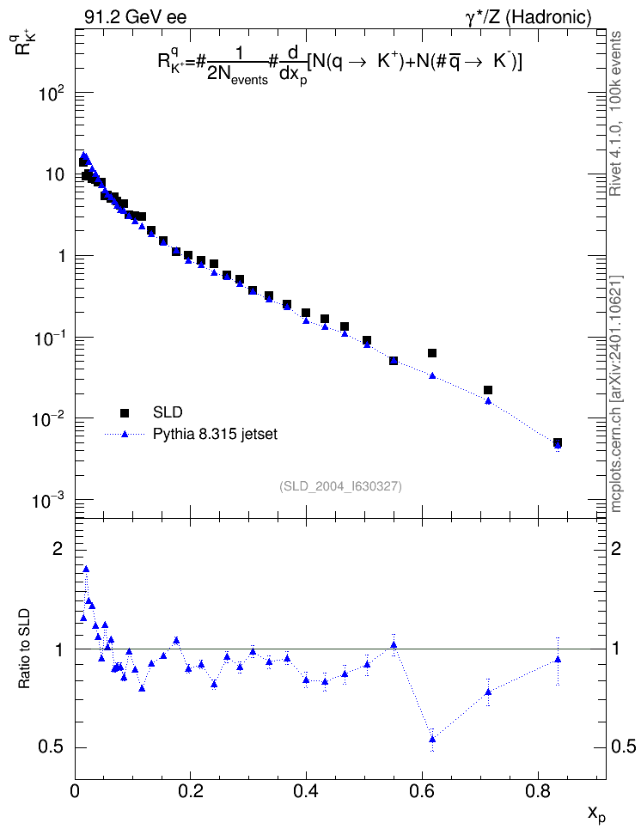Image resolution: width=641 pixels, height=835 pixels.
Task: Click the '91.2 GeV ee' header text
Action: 136,17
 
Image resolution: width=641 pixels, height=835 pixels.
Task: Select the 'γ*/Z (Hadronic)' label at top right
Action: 528,17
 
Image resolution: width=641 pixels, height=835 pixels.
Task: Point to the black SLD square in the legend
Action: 125,412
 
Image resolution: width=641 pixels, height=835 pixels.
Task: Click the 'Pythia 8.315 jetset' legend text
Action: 216,435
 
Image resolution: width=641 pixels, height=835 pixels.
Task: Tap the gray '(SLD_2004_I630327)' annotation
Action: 340,486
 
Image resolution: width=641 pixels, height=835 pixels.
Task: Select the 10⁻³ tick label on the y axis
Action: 48,501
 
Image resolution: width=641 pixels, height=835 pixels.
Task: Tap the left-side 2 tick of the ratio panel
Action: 58,548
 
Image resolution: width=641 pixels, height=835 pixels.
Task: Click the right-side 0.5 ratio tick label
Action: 624,747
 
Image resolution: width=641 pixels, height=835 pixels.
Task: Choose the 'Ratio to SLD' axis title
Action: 25,649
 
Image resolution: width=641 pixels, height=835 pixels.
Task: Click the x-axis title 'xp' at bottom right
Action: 596,814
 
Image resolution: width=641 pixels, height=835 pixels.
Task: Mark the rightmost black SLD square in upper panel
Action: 558,442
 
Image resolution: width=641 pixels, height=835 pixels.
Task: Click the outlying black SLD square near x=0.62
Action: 432,353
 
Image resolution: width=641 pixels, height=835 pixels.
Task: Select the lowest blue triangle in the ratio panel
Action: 432,739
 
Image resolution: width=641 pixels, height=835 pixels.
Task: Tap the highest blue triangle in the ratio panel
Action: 86,569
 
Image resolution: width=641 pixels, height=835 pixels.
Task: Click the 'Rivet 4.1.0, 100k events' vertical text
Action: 615,113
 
